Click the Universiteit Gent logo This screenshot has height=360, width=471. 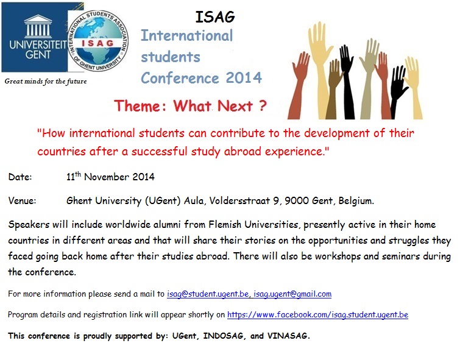tap(35, 37)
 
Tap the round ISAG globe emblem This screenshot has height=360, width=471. tap(98, 41)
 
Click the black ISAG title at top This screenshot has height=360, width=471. tap(214, 17)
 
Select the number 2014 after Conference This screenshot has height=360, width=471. tap(244, 78)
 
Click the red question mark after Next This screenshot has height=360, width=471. tap(262, 105)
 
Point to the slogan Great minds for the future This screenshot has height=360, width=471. tap(46, 81)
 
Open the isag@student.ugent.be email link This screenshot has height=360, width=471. tap(208, 294)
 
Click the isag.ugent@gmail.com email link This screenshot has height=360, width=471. tap(292, 294)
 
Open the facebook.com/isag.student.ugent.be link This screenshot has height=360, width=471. tap(318, 315)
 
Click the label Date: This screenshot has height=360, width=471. tap(20, 177)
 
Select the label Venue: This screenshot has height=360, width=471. tap(22, 200)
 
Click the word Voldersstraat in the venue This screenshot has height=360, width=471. tap(239, 200)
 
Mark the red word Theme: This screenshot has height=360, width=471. tap(140, 106)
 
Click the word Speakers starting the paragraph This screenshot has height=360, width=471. tap(29, 225)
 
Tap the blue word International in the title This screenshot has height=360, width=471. tap(187, 35)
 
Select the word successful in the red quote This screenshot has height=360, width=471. tap(160, 151)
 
